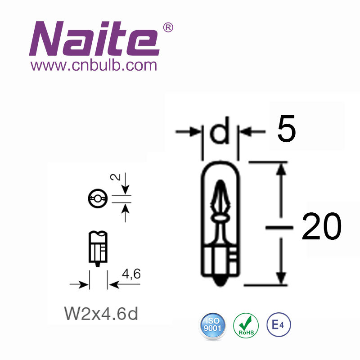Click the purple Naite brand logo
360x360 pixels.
click(x=94, y=39)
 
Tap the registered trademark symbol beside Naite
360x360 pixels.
click(x=168, y=27)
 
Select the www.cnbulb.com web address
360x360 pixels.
click(x=94, y=65)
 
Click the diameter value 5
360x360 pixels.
click(x=287, y=129)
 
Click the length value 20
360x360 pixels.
click(x=322, y=226)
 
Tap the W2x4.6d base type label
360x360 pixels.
click(x=101, y=313)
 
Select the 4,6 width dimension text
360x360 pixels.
click(x=131, y=274)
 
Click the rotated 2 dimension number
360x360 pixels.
click(x=116, y=177)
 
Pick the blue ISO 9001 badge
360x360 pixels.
click(x=212, y=325)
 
